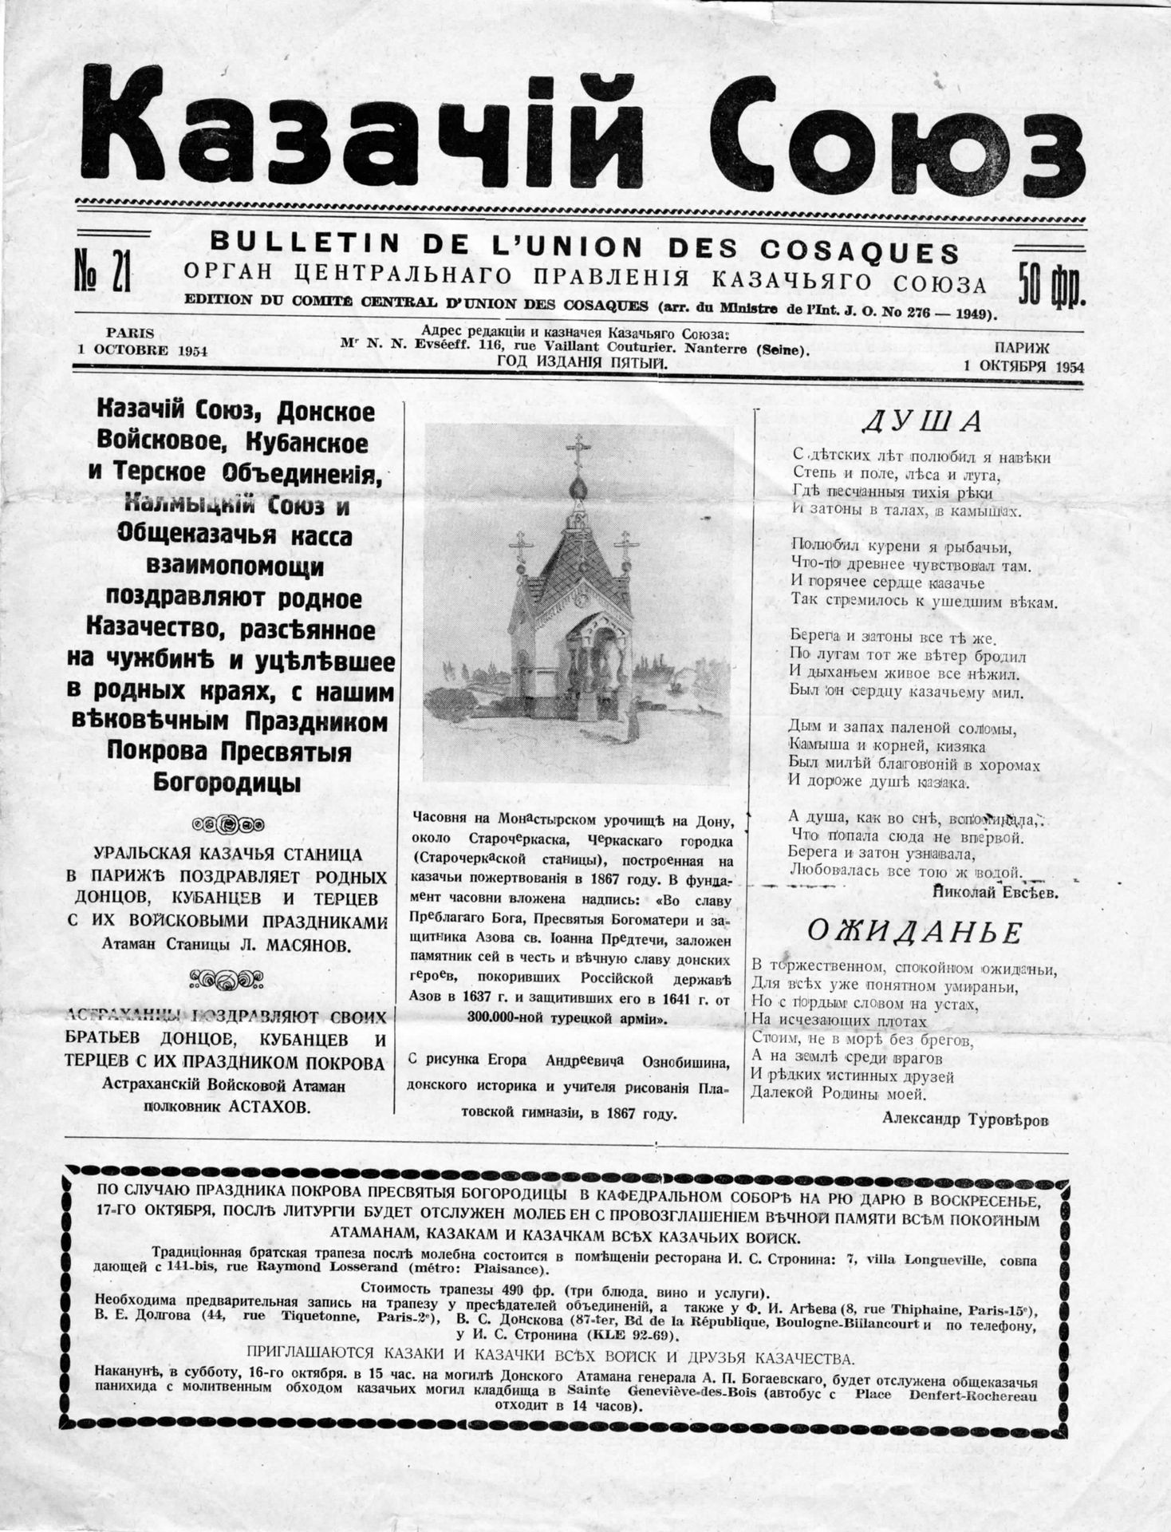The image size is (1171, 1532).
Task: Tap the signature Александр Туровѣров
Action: [x=965, y=1119]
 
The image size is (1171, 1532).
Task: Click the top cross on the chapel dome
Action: [x=580, y=448]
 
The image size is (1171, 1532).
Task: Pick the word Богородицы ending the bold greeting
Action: [x=227, y=783]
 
